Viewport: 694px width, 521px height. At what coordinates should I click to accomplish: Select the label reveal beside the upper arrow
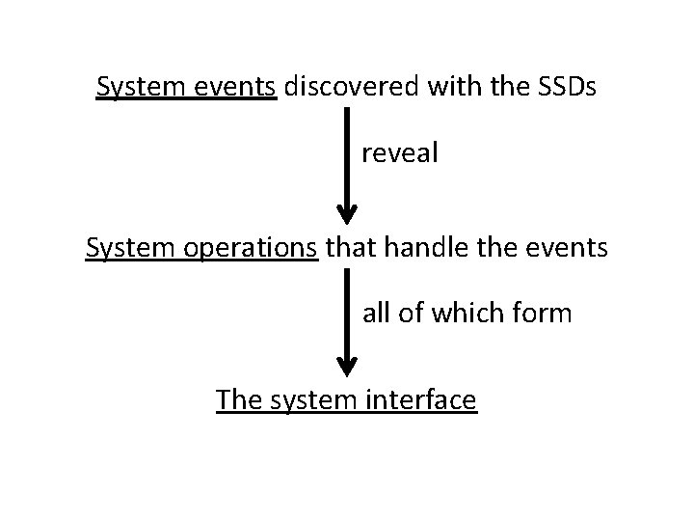pos(400,153)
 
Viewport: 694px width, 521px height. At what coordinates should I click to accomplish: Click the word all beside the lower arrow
pos(377,313)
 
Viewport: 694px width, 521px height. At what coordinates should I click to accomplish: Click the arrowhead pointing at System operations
pos(348,213)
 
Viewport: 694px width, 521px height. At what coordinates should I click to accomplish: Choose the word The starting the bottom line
pos(237,398)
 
